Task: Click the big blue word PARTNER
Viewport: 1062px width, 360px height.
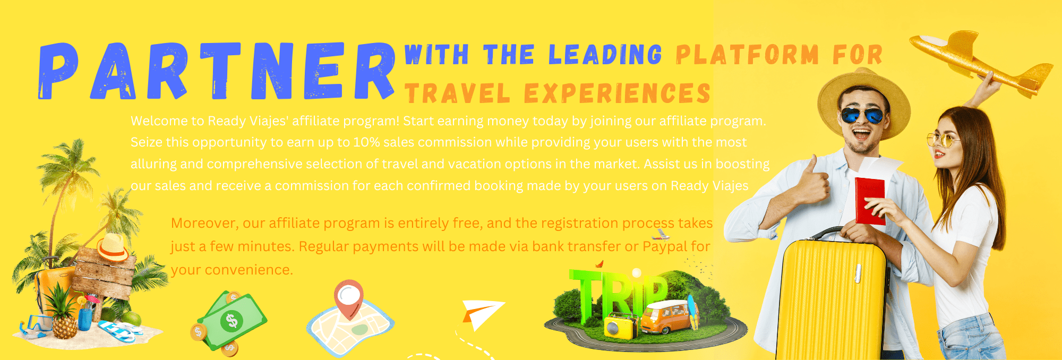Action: (x=217, y=72)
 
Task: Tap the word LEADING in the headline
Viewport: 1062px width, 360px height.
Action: (x=605, y=55)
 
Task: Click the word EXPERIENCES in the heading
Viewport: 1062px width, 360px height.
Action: (x=617, y=93)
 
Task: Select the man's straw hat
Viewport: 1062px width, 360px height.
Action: (x=863, y=98)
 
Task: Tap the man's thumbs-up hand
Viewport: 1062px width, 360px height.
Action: (x=812, y=183)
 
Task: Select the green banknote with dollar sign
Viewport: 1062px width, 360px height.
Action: (x=232, y=321)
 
